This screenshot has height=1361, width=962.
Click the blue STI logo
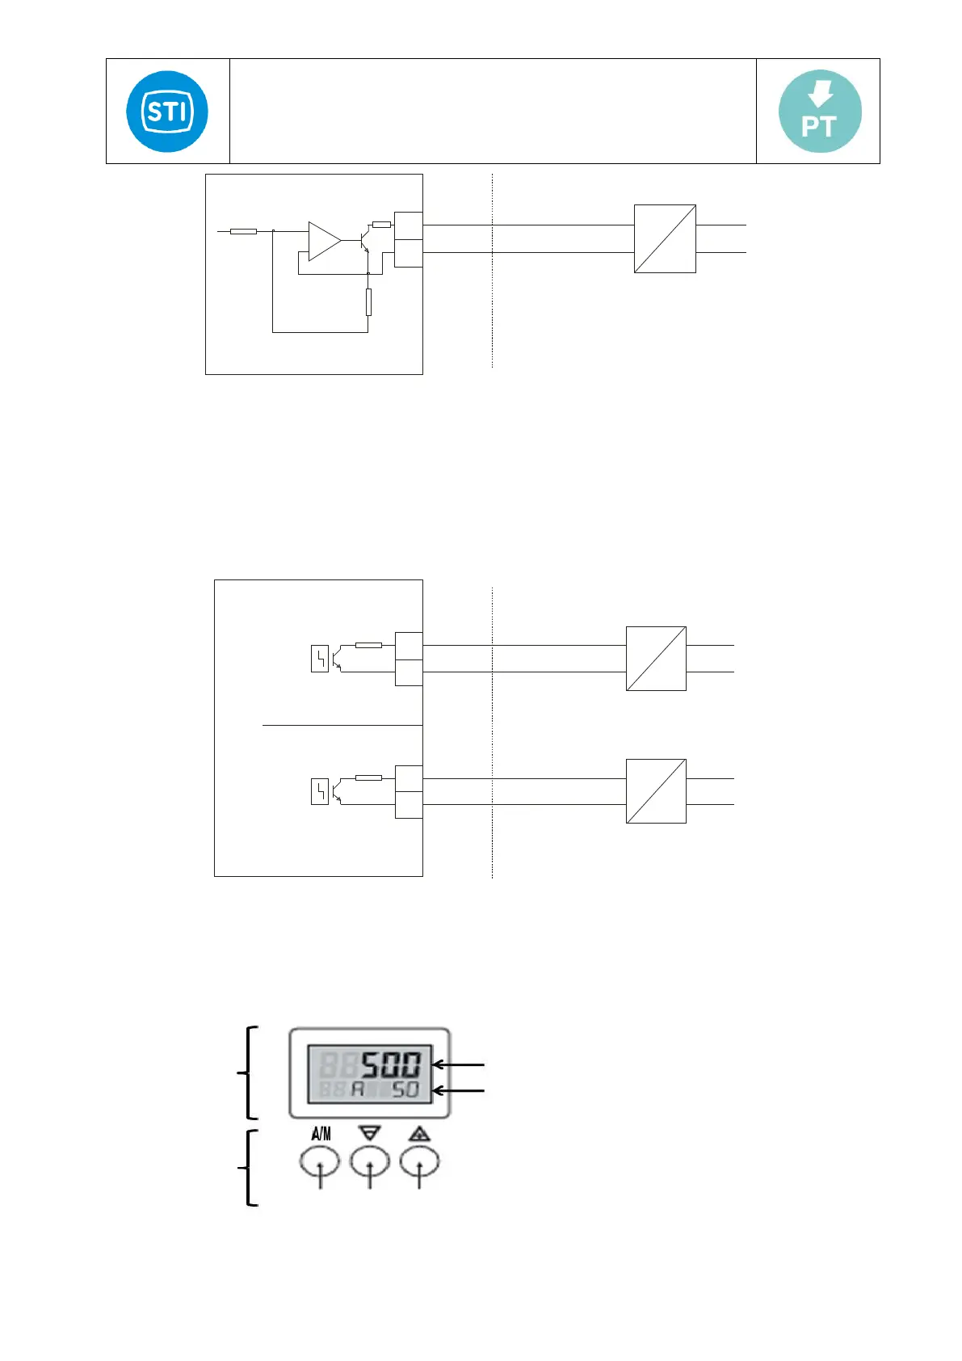click(167, 112)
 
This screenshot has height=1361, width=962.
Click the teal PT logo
click(819, 112)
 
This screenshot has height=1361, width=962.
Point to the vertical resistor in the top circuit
click(368, 301)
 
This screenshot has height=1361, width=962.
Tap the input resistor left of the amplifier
click(243, 232)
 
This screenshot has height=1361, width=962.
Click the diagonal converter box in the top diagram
click(665, 238)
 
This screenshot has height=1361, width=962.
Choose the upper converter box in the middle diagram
click(656, 658)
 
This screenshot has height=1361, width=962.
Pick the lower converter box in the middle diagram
click(656, 790)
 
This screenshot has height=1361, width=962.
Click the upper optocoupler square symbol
click(320, 659)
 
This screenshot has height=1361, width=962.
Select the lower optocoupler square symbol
click(320, 791)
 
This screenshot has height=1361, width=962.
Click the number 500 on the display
click(391, 1064)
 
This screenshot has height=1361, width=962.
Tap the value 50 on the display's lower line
click(405, 1089)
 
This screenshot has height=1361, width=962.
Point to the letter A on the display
click(357, 1089)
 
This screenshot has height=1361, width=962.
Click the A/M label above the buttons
click(321, 1134)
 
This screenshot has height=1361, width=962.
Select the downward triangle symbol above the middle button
click(370, 1134)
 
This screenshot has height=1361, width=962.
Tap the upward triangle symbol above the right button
click(418, 1134)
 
